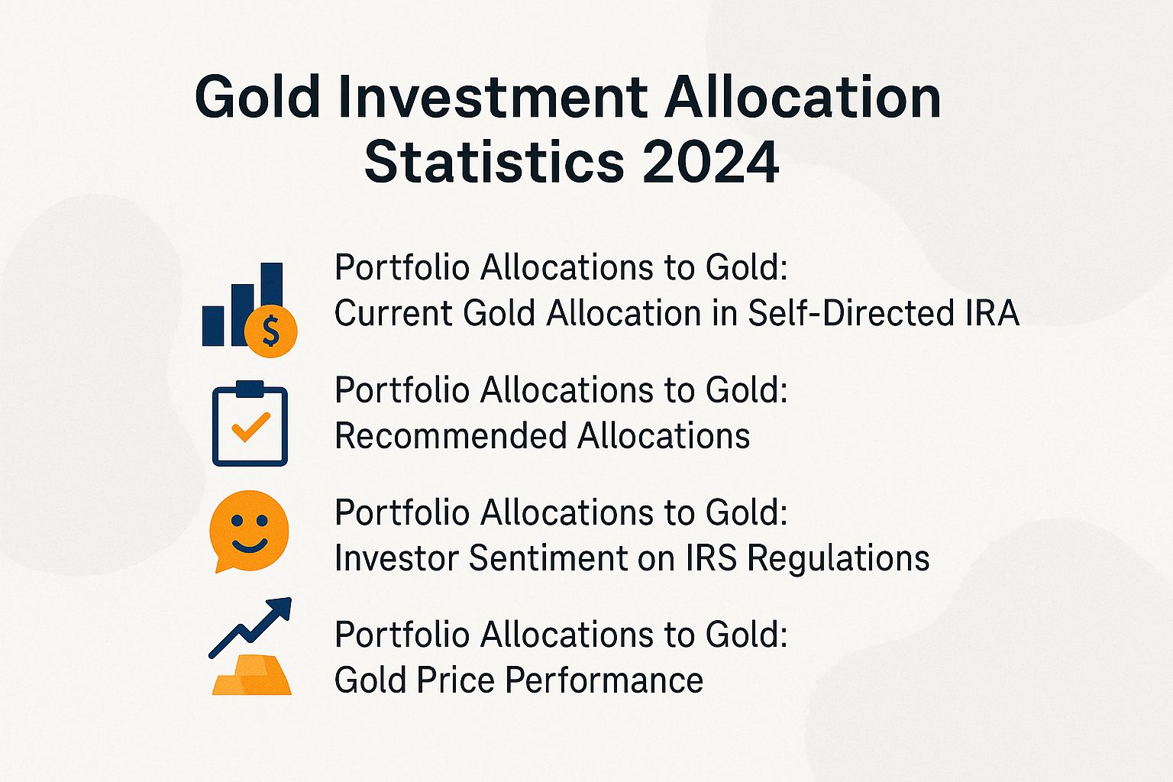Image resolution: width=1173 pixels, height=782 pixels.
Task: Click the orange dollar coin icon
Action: pos(270,331)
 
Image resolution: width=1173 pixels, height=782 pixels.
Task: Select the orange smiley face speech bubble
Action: pos(249,529)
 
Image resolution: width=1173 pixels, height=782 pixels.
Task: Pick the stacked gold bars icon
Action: pos(252,676)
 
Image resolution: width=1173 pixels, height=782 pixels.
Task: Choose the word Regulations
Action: pos(839,558)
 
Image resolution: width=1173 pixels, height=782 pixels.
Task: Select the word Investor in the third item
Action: pos(396,558)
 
